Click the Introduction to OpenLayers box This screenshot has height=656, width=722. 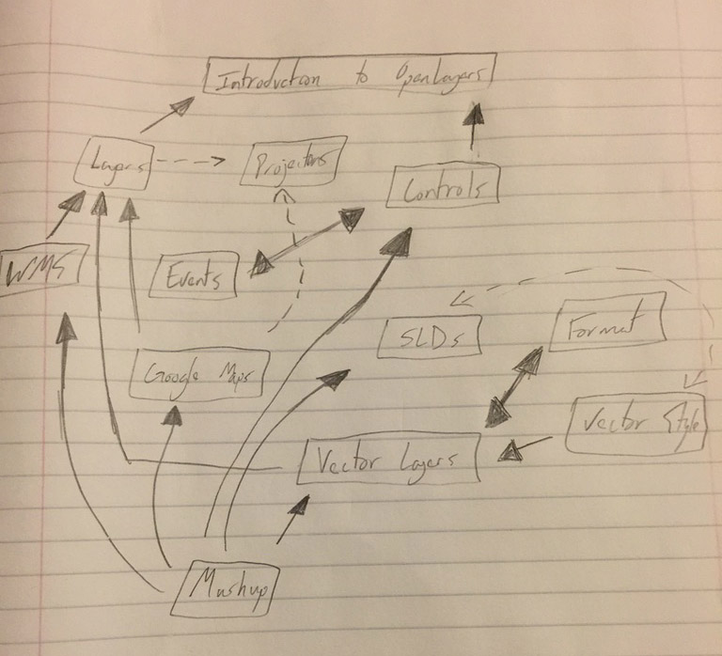coord(347,79)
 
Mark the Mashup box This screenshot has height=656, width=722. coord(230,588)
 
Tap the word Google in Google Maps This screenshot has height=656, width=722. coord(170,375)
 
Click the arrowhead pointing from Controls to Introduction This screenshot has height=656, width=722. coord(476,116)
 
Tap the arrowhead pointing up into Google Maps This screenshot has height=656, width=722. coord(175,414)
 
